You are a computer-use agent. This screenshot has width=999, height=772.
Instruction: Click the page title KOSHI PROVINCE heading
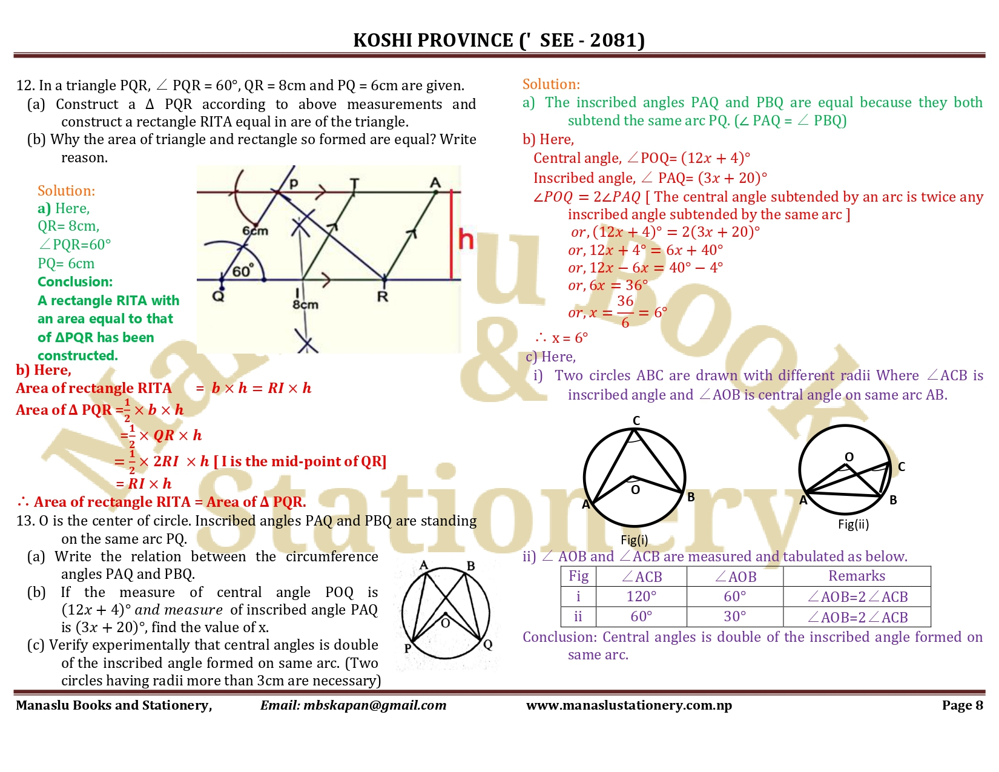(x=499, y=40)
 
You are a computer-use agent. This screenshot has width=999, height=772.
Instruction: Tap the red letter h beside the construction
(x=466, y=239)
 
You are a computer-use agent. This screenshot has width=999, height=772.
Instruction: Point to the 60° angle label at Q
(x=243, y=271)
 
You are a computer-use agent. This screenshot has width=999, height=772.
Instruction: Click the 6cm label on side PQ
(x=255, y=231)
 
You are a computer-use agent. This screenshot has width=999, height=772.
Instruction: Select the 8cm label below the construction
(x=305, y=305)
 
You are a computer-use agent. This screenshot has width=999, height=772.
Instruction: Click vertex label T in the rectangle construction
(x=354, y=183)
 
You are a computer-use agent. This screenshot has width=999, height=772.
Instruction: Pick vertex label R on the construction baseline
(x=382, y=297)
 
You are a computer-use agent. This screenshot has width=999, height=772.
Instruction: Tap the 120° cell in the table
(x=641, y=596)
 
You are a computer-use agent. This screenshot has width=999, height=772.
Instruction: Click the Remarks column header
(x=856, y=576)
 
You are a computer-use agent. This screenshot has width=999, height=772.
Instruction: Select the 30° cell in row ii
(x=734, y=616)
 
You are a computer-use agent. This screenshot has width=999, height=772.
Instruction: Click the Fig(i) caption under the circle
(x=634, y=539)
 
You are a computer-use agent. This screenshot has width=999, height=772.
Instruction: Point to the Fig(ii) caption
(x=853, y=524)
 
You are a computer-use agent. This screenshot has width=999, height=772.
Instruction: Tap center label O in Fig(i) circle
(x=635, y=489)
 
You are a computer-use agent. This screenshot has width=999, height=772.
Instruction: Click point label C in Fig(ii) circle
(x=901, y=466)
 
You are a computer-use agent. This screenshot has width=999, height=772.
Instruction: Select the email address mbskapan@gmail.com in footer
(x=375, y=705)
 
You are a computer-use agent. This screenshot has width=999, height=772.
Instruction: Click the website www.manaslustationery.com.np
(x=628, y=705)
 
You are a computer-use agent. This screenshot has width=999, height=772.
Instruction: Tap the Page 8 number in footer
(x=962, y=705)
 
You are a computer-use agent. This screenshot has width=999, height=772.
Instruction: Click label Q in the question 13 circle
(x=488, y=644)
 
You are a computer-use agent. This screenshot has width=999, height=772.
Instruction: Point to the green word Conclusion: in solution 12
(x=75, y=282)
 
